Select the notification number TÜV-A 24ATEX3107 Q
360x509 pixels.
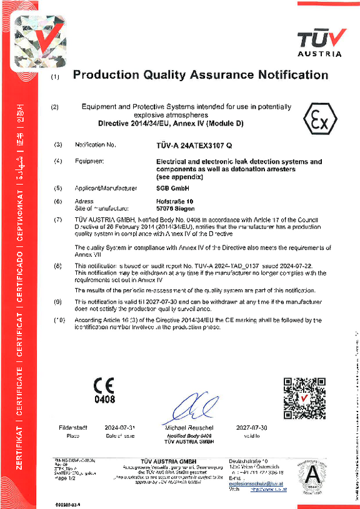[x=193, y=144]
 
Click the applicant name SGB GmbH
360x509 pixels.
[x=168, y=188]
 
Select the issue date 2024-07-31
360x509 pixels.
[x=121, y=427]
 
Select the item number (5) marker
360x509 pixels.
[x=58, y=188]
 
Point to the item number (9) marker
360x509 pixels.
[x=58, y=301]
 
